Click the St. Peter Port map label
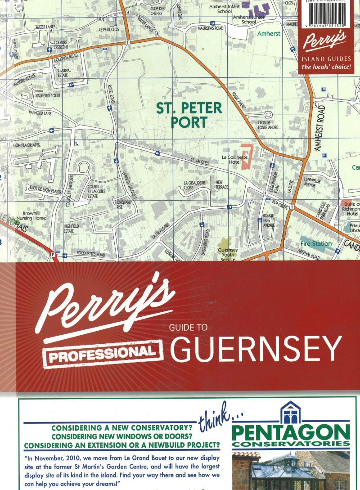189,115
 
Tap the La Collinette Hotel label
235,159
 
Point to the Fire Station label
316,243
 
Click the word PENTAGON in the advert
290,432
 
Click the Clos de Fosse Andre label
267,125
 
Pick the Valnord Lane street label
40,113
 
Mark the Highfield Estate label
69,228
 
